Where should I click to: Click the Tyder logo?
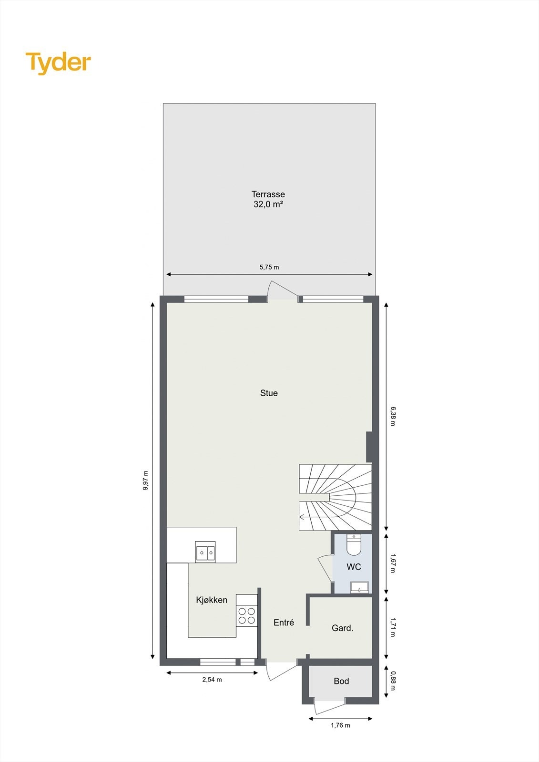click(58, 63)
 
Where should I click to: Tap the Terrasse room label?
click(268, 194)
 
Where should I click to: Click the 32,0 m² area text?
click(268, 204)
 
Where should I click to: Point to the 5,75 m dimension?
click(269, 267)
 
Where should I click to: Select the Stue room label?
click(269, 393)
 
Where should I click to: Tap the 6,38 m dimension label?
click(393, 416)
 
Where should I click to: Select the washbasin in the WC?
click(359, 587)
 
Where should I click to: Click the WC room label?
click(354, 567)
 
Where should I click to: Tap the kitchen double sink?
click(205, 552)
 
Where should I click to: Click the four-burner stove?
click(246, 615)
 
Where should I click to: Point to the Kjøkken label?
click(212, 600)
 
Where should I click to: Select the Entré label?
click(284, 622)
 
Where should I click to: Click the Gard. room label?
click(342, 628)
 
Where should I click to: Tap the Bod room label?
click(341, 682)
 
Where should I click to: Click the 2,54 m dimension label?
click(212, 680)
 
